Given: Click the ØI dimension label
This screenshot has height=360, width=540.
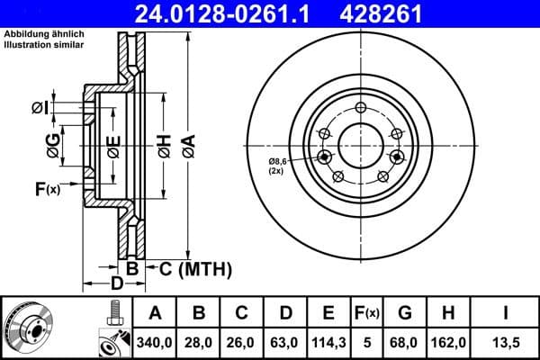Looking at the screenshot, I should coord(38,108).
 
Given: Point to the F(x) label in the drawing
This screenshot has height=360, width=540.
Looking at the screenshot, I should coord(47,188).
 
